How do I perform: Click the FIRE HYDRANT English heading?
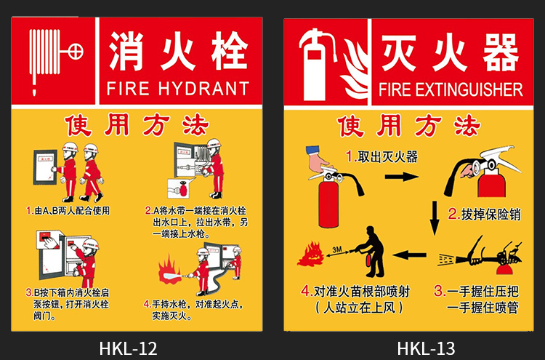177,88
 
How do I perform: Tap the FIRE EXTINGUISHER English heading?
451,89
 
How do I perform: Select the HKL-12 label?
128,348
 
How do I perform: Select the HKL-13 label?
426,348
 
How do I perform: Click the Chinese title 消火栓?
178,51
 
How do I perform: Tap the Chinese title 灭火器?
450,52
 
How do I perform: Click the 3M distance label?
336,249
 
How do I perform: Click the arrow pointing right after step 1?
401,177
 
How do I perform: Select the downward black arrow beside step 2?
435,217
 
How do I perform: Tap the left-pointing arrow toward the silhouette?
410,255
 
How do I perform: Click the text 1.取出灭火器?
381,157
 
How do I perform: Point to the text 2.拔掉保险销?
484,214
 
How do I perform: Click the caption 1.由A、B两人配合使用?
68,211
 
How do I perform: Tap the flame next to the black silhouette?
310,255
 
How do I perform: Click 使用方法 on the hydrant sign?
137,125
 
